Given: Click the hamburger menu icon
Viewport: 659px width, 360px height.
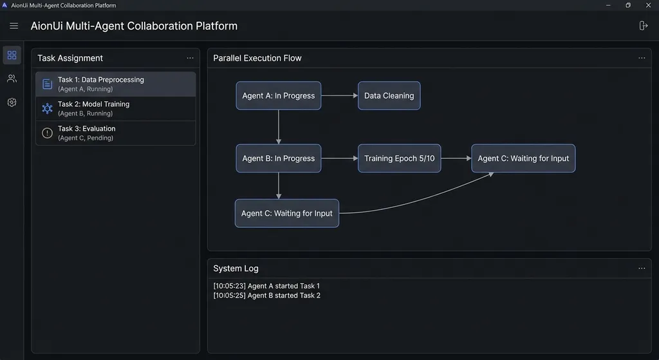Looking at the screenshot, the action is tap(14, 26).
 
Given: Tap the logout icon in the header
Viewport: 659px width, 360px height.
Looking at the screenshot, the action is tap(643, 26).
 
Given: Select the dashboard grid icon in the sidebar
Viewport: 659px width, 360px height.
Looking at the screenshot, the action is tap(12, 55).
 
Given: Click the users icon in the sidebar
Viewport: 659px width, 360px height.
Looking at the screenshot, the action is tap(12, 79).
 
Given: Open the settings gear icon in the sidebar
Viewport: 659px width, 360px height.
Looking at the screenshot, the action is tap(12, 102).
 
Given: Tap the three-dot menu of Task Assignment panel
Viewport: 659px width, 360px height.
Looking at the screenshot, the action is tap(190, 58).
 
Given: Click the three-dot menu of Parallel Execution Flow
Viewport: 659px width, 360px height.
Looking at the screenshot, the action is tap(642, 58).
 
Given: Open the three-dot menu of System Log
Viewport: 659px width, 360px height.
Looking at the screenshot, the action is tap(642, 269).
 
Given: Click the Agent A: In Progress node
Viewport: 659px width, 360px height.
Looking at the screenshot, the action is tap(278, 95).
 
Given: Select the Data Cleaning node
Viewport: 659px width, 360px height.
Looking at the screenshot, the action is tap(389, 95).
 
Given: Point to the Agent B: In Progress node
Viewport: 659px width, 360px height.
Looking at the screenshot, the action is tap(278, 158).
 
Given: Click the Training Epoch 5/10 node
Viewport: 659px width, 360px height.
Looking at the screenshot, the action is tap(399, 158).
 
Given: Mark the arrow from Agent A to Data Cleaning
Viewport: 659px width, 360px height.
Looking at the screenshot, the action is tap(340, 95).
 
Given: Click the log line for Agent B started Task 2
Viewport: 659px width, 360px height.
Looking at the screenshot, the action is tap(267, 296).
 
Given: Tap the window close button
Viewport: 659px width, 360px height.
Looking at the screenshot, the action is tap(648, 5).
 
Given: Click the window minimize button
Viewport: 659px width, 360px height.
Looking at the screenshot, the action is tap(608, 5).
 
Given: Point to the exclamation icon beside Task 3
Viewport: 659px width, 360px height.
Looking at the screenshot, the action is tap(47, 133).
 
